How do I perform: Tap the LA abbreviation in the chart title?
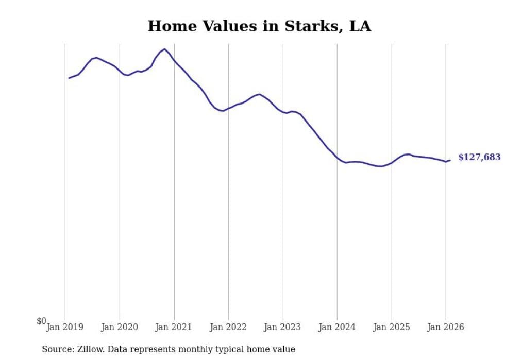[x=360, y=26]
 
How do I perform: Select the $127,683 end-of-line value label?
[x=479, y=158]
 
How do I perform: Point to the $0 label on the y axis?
[x=41, y=321]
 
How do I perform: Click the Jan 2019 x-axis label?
[x=65, y=327]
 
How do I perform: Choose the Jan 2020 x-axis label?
[x=120, y=327]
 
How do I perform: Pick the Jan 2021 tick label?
[x=174, y=327]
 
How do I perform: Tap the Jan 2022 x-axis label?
[x=228, y=327]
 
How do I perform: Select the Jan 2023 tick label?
[x=283, y=327]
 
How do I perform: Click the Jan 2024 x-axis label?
[x=337, y=327]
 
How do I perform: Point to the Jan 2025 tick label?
[x=392, y=327]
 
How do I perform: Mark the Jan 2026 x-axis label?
[x=446, y=327]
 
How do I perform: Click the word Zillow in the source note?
[x=93, y=349]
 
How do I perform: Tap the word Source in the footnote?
[x=57, y=349]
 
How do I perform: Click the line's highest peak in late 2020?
[x=164, y=49]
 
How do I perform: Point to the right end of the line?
[x=450, y=160]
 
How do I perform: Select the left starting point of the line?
[x=69, y=78]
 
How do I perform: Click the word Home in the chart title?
[x=167, y=26]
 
